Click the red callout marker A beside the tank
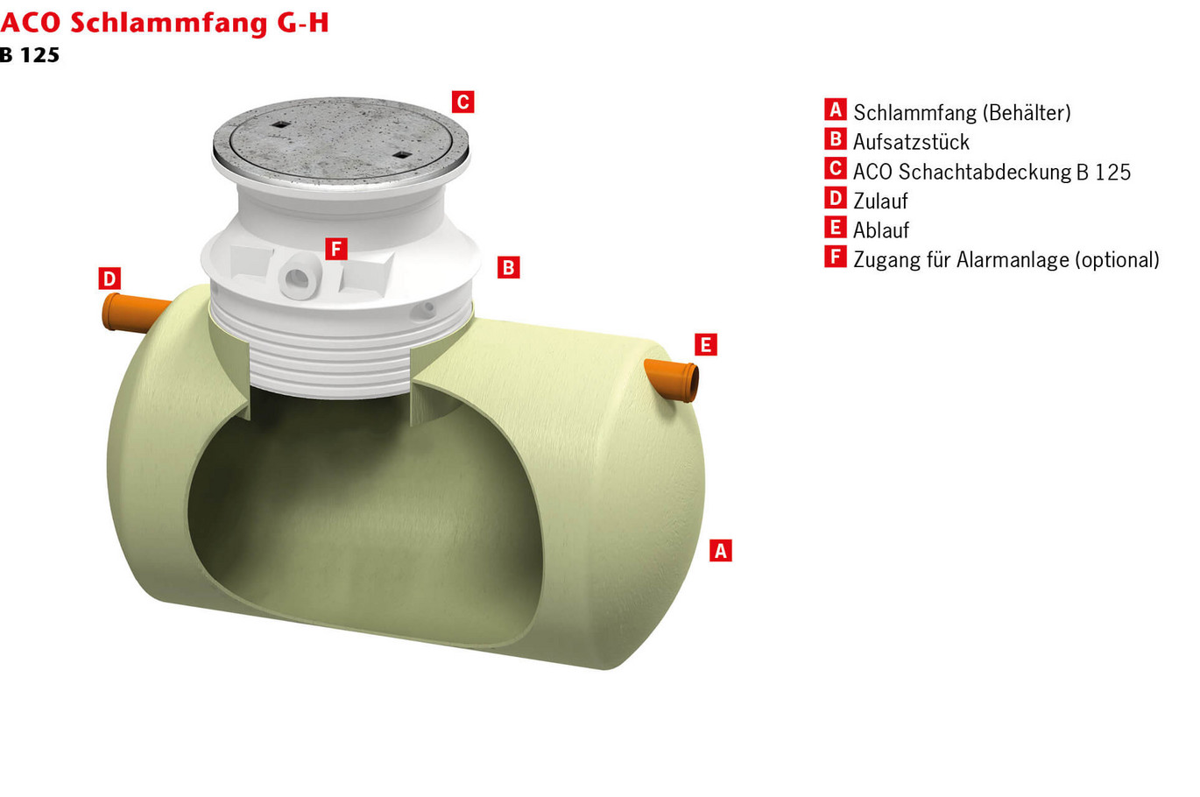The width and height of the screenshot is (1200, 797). point(720,550)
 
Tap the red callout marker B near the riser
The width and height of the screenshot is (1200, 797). point(508,267)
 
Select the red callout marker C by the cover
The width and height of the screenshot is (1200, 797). point(462,102)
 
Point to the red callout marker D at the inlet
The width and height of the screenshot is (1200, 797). point(109,279)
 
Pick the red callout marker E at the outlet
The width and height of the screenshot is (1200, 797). point(705,344)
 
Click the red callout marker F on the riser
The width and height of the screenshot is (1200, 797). point(335,249)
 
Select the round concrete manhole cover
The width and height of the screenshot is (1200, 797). point(340,140)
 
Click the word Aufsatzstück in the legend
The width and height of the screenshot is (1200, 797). point(911,142)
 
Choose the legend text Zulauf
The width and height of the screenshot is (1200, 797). point(880,201)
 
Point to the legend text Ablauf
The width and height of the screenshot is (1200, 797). point(880,230)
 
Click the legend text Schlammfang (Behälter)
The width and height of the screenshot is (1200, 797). point(962,112)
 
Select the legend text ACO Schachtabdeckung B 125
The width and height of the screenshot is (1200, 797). point(992,172)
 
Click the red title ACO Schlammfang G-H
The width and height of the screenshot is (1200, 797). point(165,22)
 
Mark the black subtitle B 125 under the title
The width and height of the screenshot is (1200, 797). point(30,55)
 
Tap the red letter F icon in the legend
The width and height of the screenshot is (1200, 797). point(835,257)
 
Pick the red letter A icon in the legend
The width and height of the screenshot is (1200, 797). point(835,109)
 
